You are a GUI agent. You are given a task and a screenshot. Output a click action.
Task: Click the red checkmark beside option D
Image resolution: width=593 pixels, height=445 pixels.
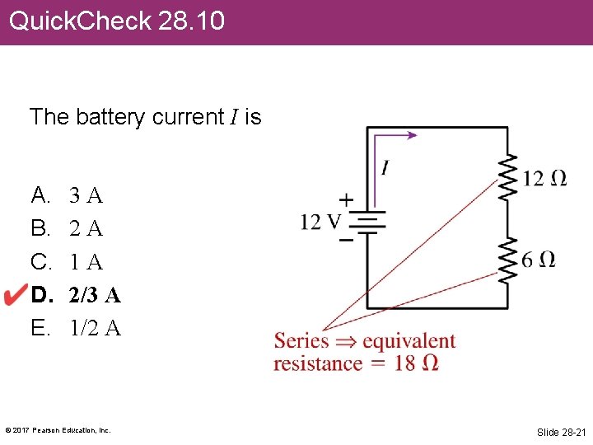(16, 295)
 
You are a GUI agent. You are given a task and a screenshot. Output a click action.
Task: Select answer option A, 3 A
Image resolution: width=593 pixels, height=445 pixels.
(86, 196)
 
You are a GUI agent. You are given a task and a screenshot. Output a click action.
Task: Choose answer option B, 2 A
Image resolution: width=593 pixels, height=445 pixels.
(86, 228)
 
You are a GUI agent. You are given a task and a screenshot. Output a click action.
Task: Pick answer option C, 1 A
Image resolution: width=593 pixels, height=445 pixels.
(86, 262)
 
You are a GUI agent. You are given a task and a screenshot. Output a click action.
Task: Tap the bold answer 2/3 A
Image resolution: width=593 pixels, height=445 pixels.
(95, 295)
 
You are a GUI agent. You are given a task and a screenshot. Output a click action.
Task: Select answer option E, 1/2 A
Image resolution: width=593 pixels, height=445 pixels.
(95, 328)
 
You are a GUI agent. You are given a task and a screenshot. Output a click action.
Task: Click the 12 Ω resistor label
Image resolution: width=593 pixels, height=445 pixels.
(544, 178)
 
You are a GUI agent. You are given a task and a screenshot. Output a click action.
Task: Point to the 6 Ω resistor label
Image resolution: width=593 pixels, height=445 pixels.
(539, 260)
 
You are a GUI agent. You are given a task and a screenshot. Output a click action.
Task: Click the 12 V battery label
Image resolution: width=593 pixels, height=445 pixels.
(320, 222)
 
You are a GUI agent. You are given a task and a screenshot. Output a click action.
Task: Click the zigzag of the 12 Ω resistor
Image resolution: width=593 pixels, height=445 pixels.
(507, 176)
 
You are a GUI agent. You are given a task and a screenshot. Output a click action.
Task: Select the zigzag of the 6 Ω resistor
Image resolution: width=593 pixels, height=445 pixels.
(507, 258)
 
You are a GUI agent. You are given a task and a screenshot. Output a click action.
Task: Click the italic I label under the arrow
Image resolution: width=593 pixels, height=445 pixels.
(385, 168)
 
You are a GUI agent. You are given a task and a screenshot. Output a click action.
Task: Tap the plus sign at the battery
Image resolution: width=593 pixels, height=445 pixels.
(347, 199)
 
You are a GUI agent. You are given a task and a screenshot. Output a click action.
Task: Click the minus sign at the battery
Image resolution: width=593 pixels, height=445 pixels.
(347, 240)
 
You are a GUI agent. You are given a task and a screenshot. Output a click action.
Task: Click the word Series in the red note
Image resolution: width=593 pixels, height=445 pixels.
(301, 341)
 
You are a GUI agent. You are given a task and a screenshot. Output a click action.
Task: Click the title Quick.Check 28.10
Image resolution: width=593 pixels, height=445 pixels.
(116, 21)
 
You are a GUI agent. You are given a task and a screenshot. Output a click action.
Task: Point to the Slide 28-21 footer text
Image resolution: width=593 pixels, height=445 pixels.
(559, 432)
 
